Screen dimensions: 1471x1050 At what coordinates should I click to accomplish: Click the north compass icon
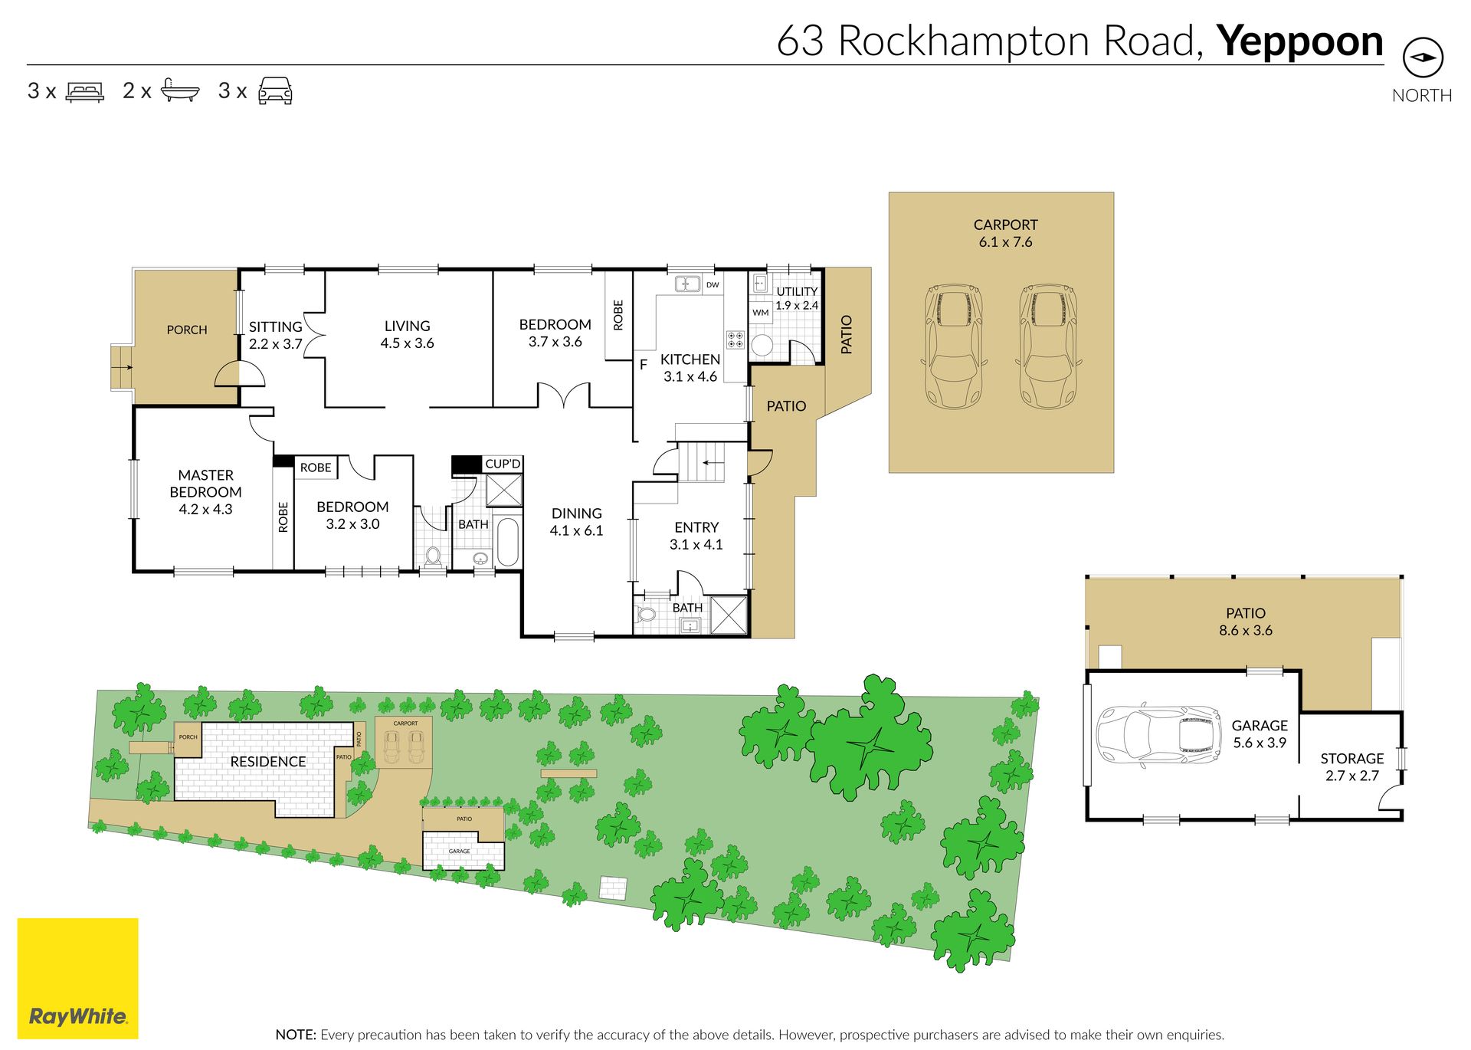(1423, 57)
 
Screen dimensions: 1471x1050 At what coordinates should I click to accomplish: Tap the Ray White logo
(77, 978)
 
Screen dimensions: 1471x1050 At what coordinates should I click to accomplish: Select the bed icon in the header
(85, 91)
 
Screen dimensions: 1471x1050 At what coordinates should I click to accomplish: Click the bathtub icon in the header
(181, 90)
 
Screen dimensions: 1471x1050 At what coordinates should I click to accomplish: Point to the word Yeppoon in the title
(1299, 43)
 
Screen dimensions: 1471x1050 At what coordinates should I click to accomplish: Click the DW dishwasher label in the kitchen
(713, 285)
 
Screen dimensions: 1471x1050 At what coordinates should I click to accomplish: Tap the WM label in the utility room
(761, 313)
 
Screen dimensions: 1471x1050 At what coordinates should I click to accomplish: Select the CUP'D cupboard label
(503, 464)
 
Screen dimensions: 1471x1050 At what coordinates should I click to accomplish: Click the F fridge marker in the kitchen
(644, 365)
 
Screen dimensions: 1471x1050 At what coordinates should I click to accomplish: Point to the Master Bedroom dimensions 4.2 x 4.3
(205, 509)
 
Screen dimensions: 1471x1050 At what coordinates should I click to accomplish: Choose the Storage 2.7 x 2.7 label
(1352, 766)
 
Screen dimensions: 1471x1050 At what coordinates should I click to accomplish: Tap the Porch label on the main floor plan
(187, 330)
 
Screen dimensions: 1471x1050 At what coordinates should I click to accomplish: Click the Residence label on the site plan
(268, 761)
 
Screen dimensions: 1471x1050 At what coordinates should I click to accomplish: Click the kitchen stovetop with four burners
(735, 340)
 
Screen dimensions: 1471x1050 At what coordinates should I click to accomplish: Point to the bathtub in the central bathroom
(508, 542)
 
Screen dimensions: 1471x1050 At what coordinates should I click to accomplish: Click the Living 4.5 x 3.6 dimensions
(407, 343)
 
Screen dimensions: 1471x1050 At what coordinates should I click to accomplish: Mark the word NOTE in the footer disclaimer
(296, 1035)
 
